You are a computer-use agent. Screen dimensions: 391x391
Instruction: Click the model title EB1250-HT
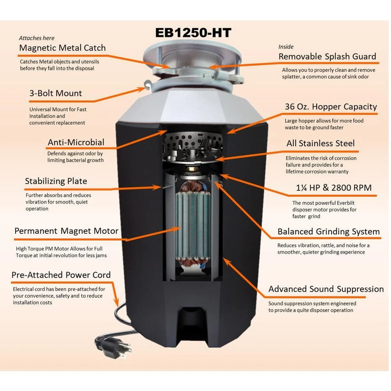(193, 33)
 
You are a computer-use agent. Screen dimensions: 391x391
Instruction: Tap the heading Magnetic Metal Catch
(62, 48)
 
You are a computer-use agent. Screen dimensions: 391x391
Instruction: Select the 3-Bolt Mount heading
(56, 93)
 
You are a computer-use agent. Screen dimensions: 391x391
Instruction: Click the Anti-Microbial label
(76, 142)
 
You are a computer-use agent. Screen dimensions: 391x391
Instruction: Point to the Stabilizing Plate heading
(56, 181)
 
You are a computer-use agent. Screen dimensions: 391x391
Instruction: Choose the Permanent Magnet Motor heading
(66, 231)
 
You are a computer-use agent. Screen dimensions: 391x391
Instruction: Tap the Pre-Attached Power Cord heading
(61, 275)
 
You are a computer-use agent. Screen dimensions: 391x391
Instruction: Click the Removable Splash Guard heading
(327, 57)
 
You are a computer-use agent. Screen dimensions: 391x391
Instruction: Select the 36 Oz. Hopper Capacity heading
(331, 107)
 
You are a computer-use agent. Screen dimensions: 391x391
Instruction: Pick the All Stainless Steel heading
(321, 143)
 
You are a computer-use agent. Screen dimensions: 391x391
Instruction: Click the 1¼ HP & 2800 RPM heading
(334, 188)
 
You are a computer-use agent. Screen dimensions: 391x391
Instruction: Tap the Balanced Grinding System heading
(329, 231)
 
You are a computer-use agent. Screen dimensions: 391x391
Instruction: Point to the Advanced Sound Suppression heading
(326, 289)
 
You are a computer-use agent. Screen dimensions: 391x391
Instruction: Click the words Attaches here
(37, 38)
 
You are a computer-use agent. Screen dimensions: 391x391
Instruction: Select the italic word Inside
(286, 47)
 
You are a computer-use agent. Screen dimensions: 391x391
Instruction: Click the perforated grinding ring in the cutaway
(193, 141)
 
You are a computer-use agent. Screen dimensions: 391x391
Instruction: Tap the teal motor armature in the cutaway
(193, 226)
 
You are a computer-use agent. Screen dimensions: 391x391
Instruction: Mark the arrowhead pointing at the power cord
(116, 303)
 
